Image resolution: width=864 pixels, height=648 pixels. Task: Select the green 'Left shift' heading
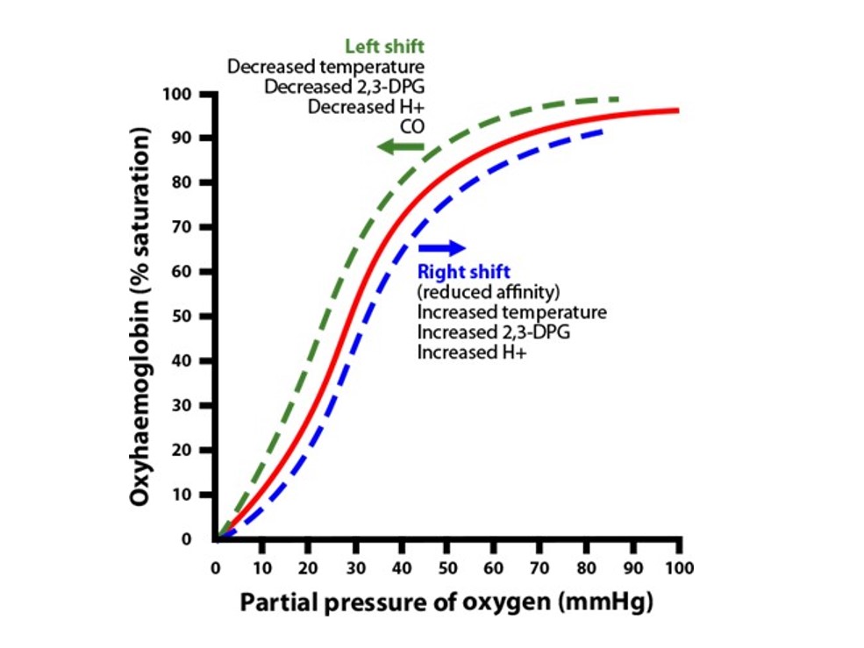click(x=385, y=46)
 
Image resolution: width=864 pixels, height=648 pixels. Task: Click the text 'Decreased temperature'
click(x=326, y=67)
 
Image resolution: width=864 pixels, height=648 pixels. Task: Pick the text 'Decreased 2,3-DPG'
click(x=345, y=87)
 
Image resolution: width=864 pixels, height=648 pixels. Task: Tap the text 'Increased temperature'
click(x=512, y=312)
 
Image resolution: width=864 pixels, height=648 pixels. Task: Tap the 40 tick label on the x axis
click(x=401, y=566)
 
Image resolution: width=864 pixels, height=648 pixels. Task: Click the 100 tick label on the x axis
click(x=679, y=566)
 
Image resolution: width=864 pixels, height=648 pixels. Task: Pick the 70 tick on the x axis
click(x=540, y=566)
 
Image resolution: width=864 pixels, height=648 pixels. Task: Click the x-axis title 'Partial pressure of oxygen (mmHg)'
click(x=446, y=604)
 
